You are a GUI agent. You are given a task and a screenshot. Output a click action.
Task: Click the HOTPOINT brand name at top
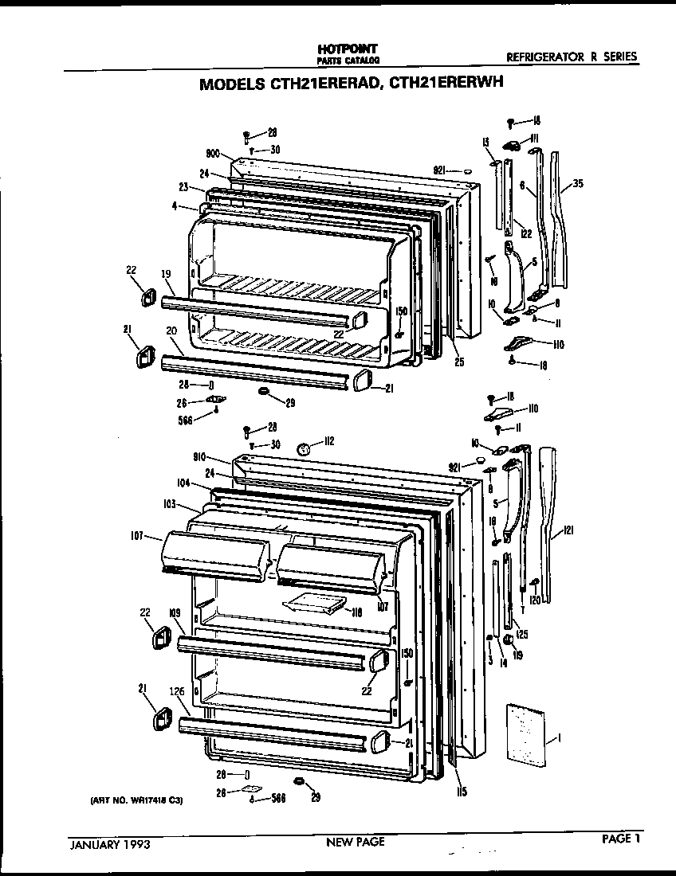[347, 49]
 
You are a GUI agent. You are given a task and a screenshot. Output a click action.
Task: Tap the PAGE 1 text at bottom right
[620, 838]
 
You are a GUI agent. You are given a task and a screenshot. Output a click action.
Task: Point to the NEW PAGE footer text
[356, 842]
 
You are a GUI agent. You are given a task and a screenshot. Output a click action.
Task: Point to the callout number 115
[462, 792]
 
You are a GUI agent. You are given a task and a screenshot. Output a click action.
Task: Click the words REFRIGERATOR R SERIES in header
[572, 57]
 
